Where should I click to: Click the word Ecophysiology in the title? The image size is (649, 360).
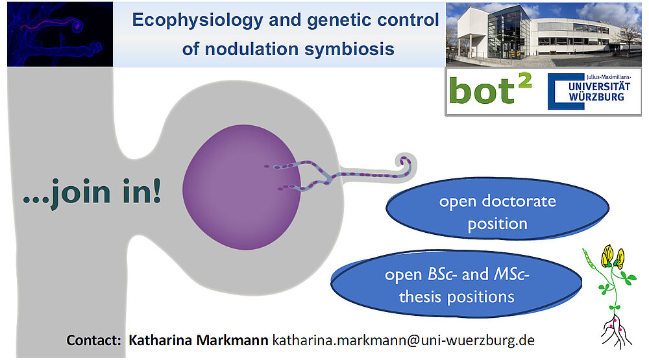tap(197, 20)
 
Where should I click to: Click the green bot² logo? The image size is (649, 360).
tap(490, 90)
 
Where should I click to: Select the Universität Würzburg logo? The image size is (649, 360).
tap(589, 91)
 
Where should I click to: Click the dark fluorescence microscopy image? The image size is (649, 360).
tap(60, 34)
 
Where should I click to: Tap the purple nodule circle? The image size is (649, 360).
tap(241, 187)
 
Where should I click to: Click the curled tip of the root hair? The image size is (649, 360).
tap(406, 164)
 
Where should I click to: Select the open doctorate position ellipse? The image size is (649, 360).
tap(498, 209)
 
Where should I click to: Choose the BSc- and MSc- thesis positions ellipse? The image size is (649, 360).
tap(456, 284)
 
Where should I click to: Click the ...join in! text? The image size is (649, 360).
tap(92, 191)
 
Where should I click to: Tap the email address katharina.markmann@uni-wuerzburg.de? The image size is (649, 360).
tap(404, 340)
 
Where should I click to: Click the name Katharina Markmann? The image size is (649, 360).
tap(198, 340)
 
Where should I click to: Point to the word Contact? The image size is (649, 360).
tap(93, 340)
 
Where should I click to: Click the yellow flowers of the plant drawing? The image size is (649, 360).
tap(613, 256)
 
